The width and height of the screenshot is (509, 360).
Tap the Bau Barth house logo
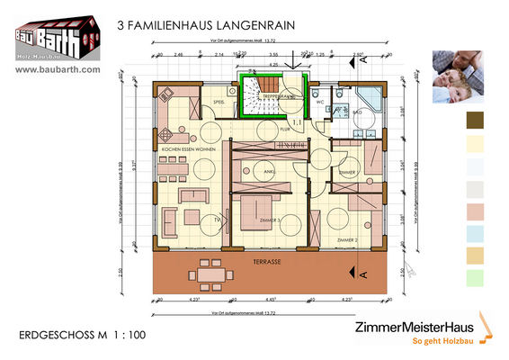click(57, 36)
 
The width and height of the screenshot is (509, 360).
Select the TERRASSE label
click(267, 261)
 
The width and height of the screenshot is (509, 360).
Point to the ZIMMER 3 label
click(268, 220)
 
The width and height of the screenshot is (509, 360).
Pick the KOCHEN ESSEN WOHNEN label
click(190, 147)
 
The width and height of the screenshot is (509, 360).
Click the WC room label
click(319, 102)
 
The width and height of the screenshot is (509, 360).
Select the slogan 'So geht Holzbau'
click(442, 342)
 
